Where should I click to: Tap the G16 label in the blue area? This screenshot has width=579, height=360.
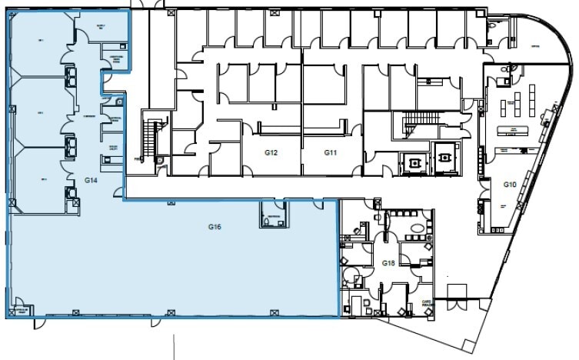point(215,227)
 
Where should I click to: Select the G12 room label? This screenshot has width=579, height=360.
point(271,153)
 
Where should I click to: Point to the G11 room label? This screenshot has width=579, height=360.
point(331,153)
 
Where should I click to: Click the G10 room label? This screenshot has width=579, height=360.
point(509,185)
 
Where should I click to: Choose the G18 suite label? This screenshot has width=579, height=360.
point(388,263)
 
